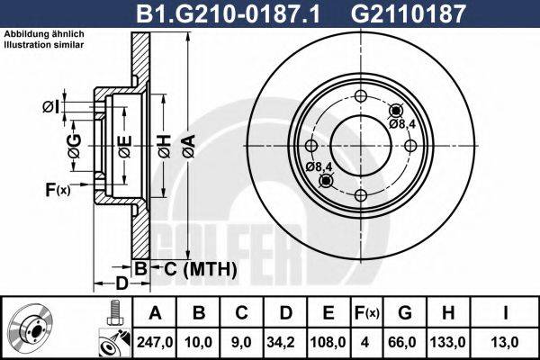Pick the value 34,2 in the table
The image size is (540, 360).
coord(283,343)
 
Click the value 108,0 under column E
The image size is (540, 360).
coord(328,343)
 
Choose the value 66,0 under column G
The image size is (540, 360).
coord(404,343)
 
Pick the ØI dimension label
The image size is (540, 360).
coord(50,108)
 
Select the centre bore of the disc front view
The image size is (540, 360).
coord(360,146)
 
